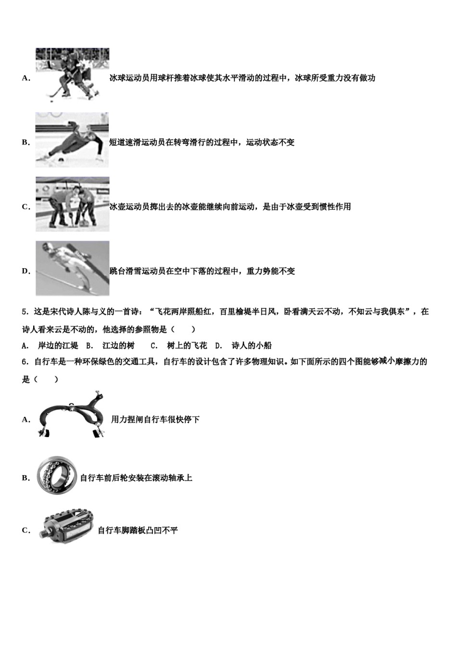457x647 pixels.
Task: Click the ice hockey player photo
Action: tap(72, 75)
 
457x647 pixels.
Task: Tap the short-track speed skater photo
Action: tap(72, 140)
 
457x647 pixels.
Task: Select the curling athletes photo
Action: tap(72, 204)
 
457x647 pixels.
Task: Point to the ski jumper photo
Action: tap(72, 268)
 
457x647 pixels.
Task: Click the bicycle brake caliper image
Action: tap(71, 415)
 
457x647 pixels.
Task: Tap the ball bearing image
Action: tap(56, 475)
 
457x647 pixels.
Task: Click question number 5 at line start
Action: tap(25, 311)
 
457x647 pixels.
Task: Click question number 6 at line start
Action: tap(25, 362)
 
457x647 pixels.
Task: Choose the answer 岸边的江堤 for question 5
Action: tap(58, 345)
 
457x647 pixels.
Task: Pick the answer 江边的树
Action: tap(118, 345)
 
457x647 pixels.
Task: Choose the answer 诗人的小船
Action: tap(252, 345)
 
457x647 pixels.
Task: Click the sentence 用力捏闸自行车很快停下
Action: tap(155, 419)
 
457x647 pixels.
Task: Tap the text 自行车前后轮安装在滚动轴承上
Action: tap(136, 478)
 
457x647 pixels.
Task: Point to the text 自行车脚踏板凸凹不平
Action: tap(138, 531)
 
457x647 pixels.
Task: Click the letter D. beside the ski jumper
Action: tap(26, 271)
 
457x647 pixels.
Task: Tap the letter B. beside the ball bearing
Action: tap(26, 478)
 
